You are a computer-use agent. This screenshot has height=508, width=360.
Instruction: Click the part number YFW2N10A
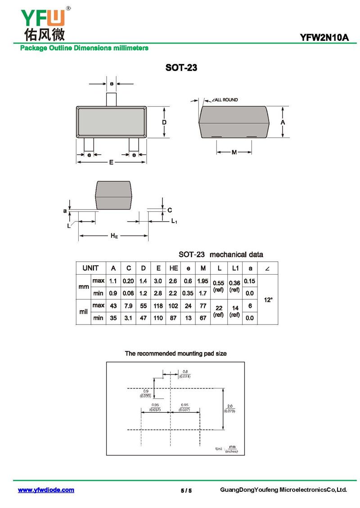(324, 38)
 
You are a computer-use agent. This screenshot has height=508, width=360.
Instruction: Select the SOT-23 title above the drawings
(181, 68)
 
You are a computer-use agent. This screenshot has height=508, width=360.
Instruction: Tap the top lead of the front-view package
(112, 99)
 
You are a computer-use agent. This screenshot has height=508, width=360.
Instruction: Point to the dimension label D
(165, 122)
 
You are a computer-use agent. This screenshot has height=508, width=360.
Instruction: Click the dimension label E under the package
(111, 162)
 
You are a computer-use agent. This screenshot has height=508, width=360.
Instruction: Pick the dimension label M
(234, 152)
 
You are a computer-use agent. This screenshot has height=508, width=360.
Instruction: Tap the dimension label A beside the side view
(283, 122)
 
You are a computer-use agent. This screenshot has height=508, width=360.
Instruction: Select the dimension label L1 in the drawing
(174, 221)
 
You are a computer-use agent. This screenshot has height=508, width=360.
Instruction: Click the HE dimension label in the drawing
(114, 236)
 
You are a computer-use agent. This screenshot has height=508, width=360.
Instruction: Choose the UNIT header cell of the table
(90, 268)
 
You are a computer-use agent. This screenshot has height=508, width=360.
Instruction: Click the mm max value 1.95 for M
(203, 281)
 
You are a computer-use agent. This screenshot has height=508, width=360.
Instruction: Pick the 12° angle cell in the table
(268, 299)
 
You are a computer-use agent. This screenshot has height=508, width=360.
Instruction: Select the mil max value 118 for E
(158, 306)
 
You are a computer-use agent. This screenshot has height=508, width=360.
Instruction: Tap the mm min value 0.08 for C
(129, 293)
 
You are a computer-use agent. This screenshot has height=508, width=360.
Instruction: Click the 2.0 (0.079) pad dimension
(229, 408)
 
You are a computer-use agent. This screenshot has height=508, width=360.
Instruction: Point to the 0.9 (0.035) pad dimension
(145, 393)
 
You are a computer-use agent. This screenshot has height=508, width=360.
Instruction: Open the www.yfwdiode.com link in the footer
(46, 490)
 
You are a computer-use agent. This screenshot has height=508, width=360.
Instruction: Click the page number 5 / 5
(183, 490)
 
